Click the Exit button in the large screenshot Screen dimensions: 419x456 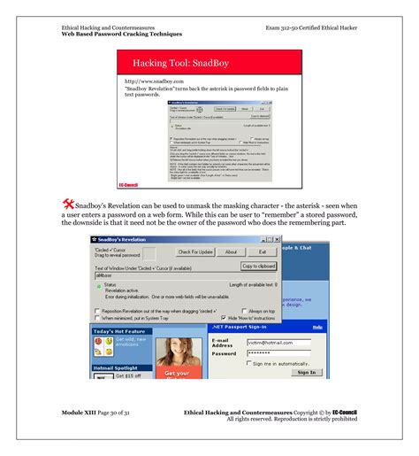[262, 252]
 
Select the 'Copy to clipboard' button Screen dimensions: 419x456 [258, 266]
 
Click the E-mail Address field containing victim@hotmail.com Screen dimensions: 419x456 [279, 342]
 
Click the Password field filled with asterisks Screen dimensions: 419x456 [279, 352]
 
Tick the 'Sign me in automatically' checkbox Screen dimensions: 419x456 [249, 363]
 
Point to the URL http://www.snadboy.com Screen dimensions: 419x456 [155, 81]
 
